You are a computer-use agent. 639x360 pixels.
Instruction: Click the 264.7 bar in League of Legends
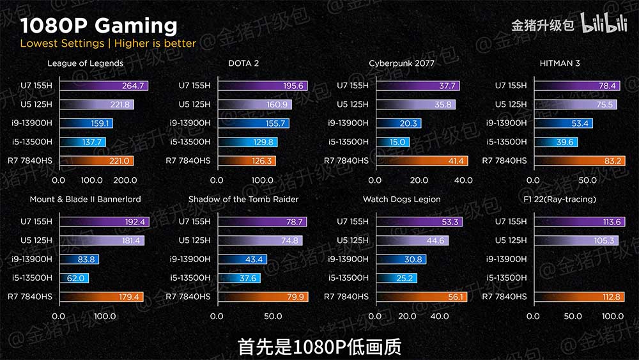point(104,86)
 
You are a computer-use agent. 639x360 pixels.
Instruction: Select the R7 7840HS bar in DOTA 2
point(247,160)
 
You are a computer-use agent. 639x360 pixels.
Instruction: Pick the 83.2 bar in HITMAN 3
point(580,160)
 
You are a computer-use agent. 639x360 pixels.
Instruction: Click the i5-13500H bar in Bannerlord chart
point(73,278)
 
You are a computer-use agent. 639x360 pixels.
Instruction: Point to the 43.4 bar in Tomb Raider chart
point(242,260)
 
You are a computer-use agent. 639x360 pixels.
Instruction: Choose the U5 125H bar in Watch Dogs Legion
point(412,240)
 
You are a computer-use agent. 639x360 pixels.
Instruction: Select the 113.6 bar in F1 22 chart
point(580,222)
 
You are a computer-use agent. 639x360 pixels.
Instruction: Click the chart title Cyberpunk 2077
point(402,63)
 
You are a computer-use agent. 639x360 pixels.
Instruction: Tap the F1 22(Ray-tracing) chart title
point(559,200)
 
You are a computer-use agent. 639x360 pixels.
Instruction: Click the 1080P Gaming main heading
point(98,26)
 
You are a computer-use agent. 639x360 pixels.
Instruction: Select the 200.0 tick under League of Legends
point(125,180)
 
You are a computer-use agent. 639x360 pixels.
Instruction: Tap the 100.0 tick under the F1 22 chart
point(613,316)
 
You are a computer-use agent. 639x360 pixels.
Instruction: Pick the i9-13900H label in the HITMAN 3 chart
point(506,123)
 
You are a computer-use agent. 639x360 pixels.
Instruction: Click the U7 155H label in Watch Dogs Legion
point(353,222)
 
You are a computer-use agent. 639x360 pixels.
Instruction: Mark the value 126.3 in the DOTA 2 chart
point(263,160)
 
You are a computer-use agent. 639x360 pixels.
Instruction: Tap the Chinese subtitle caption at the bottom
point(319,347)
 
